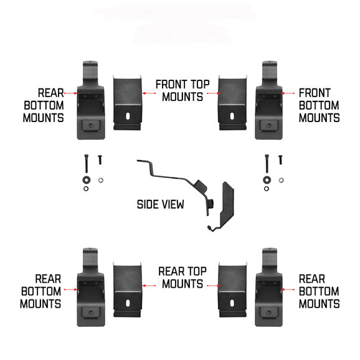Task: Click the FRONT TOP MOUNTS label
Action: point(180,90)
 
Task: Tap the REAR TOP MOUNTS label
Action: point(180,277)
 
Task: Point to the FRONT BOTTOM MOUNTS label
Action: point(319,105)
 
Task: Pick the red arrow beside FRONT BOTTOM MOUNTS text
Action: point(289,93)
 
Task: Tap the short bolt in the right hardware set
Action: point(280,160)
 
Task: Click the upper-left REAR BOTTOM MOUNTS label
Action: point(42,105)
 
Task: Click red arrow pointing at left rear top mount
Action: point(148,280)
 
